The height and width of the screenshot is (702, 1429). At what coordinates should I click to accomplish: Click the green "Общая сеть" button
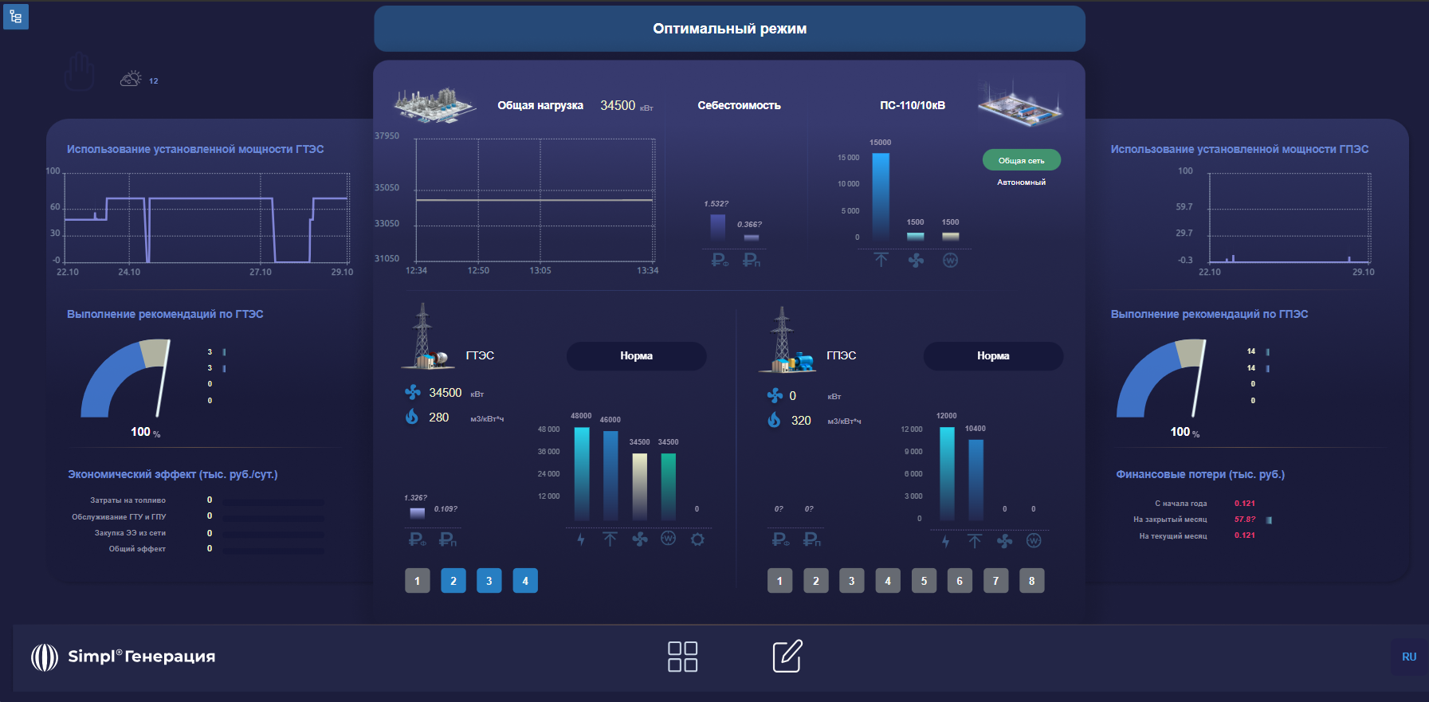(1021, 160)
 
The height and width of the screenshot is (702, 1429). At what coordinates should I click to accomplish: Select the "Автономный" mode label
(1021, 182)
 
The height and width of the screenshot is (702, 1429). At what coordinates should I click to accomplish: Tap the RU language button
(1408, 657)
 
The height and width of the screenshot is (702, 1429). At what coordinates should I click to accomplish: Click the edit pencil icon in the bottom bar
(787, 656)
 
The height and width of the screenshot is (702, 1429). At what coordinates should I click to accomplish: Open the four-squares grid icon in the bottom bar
(682, 656)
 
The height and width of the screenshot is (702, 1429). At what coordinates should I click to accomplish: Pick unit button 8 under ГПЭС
(1031, 581)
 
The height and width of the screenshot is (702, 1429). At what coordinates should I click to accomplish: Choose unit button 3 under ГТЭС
(489, 581)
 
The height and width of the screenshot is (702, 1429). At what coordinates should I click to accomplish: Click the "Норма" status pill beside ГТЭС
(636, 356)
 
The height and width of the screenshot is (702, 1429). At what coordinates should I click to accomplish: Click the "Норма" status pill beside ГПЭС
(993, 356)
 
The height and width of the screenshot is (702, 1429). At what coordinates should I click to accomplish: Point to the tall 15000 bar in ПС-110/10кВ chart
(881, 195)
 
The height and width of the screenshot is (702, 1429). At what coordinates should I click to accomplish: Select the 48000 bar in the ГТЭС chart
(582, 473)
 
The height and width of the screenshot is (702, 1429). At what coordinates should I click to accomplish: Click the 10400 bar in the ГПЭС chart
(976, 479)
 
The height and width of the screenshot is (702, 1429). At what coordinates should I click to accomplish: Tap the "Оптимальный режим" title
(729, 29)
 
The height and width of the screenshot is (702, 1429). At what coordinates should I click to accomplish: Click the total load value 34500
(618, 105)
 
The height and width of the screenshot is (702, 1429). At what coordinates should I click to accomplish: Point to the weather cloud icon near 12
(131, 79)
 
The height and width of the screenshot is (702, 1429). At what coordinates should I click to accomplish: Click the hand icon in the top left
(80, 72)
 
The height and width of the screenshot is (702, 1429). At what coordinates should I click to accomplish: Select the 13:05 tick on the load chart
(540, 270)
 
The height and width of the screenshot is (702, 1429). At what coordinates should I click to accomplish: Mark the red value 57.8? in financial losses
(1244, 520)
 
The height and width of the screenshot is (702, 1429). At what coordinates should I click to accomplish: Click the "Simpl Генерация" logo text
(141, 657)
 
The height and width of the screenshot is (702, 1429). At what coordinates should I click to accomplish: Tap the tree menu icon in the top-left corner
(16, 16)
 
